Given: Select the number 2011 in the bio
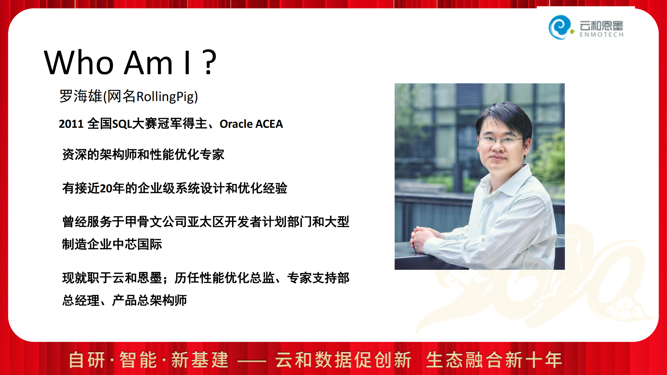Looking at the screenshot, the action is coord(71,124).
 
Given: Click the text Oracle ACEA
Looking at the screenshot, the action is coord(251,124).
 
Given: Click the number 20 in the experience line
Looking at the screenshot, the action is coord(106,188).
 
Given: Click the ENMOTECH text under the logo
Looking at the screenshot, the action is coord(601,35).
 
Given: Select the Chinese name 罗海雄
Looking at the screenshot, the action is coord(81,96).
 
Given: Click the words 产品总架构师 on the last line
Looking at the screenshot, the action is coord(149,300).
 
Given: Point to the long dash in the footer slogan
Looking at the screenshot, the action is coord(252,361).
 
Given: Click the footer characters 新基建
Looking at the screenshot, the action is coord(200,360).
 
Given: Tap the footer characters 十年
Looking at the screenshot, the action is coord(543,360).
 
